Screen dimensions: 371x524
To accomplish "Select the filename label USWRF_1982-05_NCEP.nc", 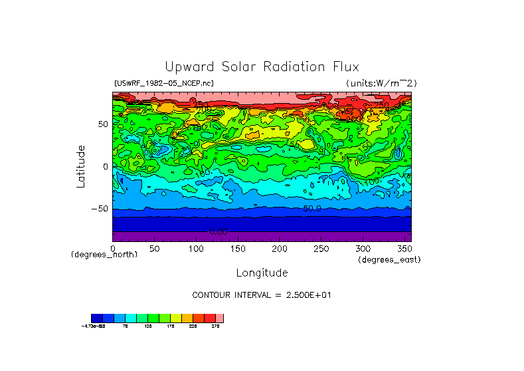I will pos(164,83).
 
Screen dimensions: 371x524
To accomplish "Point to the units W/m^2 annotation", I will pos(381,83).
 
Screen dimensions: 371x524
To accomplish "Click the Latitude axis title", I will pos(80,166).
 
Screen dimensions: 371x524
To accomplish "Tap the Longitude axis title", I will pos(262,273).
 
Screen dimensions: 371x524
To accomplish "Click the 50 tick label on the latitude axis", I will pos(102,124).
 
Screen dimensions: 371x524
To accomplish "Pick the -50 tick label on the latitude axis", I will pos(100,208).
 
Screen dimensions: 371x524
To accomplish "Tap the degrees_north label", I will pos(104,255).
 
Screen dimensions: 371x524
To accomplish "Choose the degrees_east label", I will pos(389,259).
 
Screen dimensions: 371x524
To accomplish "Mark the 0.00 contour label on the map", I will pos(218,231).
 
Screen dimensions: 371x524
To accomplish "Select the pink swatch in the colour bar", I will pos(220,318).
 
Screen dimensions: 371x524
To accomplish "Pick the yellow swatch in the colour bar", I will pos(175,318).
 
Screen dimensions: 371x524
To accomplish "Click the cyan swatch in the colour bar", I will pos(131,318).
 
